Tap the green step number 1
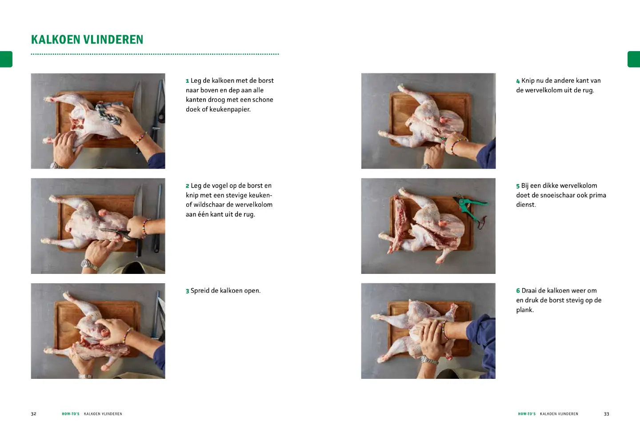click(188, 81)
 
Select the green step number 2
click(188, 186)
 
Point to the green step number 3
click(188, 291)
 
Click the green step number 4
click(518, 81)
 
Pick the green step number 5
click(518, 186)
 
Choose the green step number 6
click(518, 291)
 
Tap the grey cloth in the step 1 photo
click(109, 111)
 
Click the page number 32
click(33, 414)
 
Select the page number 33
click(606, 414)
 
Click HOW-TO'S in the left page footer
click(71, 414)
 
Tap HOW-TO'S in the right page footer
click(527, 414)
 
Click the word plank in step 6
click(524, 310)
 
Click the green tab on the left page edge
click(6, 59)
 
